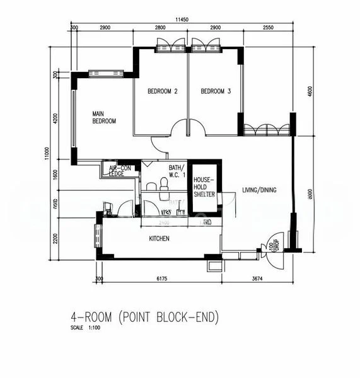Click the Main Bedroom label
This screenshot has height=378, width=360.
(104, 117)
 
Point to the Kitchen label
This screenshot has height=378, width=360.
(159, 239)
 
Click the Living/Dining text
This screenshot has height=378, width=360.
(259, 190)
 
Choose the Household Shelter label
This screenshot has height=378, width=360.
(204, 187)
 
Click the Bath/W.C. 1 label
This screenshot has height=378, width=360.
(177, 171)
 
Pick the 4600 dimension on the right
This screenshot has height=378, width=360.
(310, 92)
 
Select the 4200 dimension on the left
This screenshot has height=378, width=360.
(56, 119)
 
